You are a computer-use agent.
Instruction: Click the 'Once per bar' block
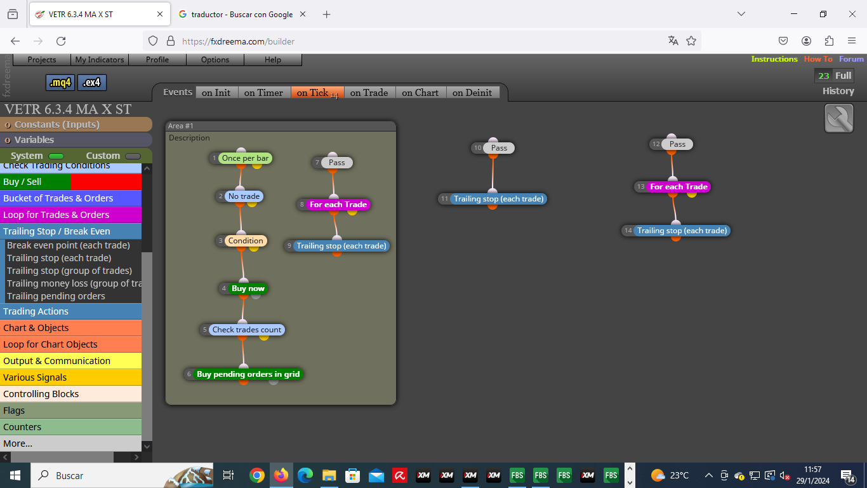245,158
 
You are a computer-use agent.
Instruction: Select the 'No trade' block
244,196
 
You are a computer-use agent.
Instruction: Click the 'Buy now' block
248,288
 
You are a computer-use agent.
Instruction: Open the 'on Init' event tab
216,93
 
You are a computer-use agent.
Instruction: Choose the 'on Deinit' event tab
472,93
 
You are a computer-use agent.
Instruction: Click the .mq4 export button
60,83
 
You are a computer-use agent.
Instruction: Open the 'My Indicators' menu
100,60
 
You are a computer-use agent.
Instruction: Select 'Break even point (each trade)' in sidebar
69,245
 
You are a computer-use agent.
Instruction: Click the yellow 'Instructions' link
774,59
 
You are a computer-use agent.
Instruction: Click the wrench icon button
838,118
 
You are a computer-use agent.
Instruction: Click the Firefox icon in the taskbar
281,475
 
